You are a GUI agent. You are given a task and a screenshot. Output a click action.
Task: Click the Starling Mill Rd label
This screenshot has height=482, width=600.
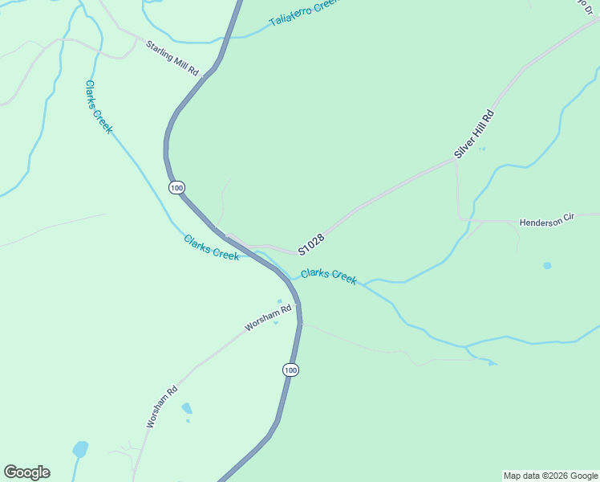coord(172,58)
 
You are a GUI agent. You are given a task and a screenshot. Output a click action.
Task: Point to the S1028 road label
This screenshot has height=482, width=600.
coord(311,244)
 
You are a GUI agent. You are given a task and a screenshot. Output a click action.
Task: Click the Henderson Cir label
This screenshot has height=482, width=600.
coord(548,222)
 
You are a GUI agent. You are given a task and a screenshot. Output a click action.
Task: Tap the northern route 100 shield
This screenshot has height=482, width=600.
coord(177,187)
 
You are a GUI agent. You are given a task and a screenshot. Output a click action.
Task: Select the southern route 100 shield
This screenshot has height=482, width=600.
coord(290,370)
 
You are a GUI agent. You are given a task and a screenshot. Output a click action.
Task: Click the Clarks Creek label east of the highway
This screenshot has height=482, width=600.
coord(328,276)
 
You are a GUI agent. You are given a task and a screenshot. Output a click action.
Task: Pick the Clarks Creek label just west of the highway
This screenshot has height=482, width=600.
coord(211,247)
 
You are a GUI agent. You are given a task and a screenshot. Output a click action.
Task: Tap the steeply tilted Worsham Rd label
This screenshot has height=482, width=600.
coord(161,407)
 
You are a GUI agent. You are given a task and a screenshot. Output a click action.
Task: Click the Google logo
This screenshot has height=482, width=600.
coord(26,472)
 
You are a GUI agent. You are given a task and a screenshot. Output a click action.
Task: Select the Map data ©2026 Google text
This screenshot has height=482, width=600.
coord(550,476)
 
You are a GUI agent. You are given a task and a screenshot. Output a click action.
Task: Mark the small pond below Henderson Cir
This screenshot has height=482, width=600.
coord(547,265)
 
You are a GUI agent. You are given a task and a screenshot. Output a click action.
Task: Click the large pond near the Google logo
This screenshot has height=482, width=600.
coord(80,449)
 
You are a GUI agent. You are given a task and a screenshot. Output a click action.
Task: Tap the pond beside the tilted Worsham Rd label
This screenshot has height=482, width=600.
coord(187,408)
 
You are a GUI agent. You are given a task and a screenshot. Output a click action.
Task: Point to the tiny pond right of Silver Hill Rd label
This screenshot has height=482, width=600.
coord(481,149)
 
